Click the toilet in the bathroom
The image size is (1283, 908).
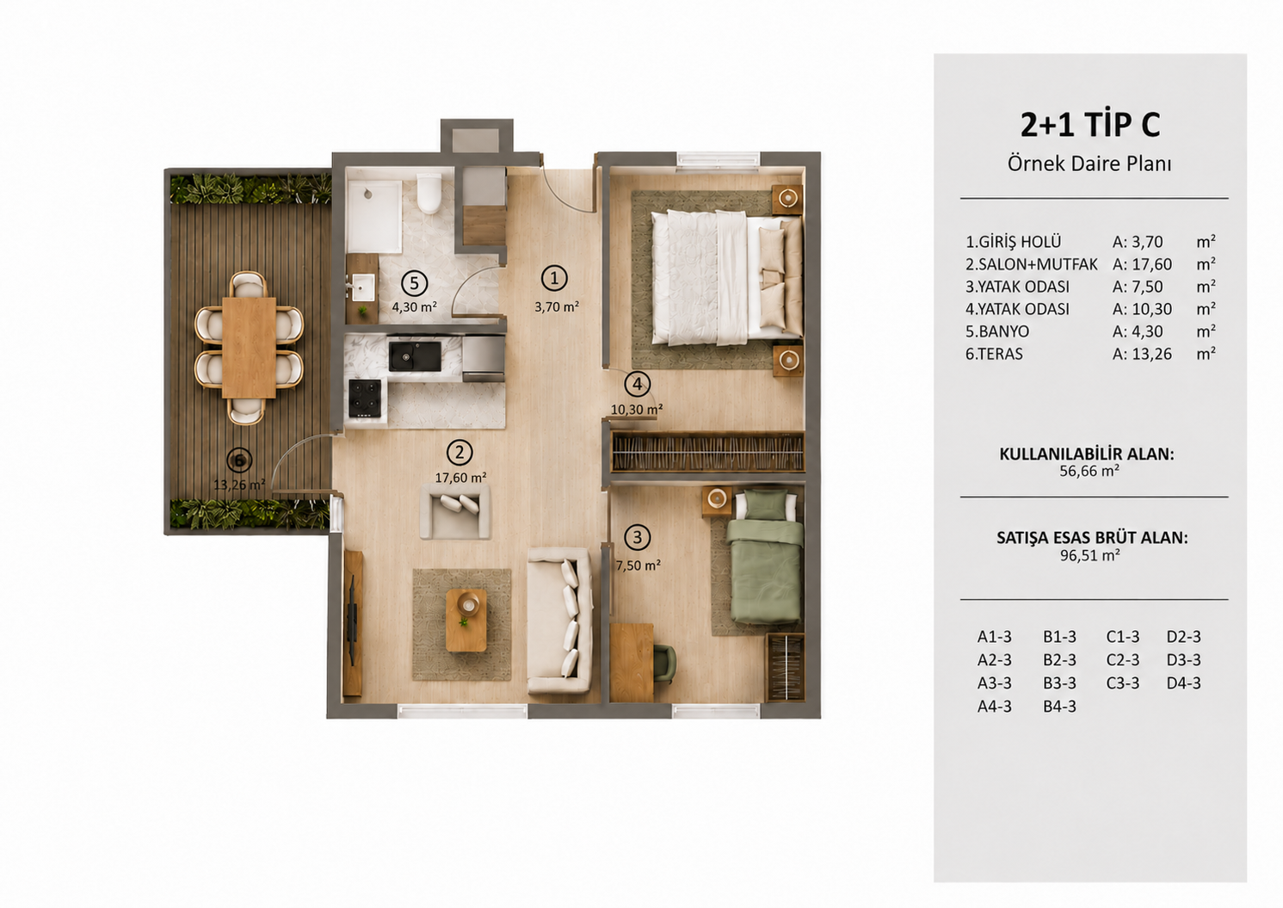coord(429,193)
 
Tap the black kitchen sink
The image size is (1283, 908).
coord(416,355)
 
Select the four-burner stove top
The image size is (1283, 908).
coord(365,398)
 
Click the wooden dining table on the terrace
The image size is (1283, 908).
coord(250,347)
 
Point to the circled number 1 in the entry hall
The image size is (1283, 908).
coord(554,278)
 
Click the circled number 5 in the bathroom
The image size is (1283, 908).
coord(414,283)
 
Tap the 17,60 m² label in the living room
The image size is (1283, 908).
coord(460,477)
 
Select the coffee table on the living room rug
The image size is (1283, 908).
coord(466,620)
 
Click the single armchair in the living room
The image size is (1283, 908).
coord(455,511)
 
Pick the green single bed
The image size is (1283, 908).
coord(765,556)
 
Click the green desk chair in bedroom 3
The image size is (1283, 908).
coord(664,663)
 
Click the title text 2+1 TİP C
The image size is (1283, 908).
coord(1090,125)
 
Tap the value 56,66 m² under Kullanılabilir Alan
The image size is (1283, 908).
coord(1089,471)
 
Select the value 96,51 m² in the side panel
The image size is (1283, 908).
coord(1090,555)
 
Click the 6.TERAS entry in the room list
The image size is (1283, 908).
coord(994,354)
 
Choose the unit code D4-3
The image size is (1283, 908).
coord(1183,683)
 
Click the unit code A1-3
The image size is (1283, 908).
coord(995,636)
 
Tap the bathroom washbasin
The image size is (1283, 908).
coord(362,287)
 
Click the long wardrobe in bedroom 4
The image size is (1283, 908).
coord(708,452)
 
